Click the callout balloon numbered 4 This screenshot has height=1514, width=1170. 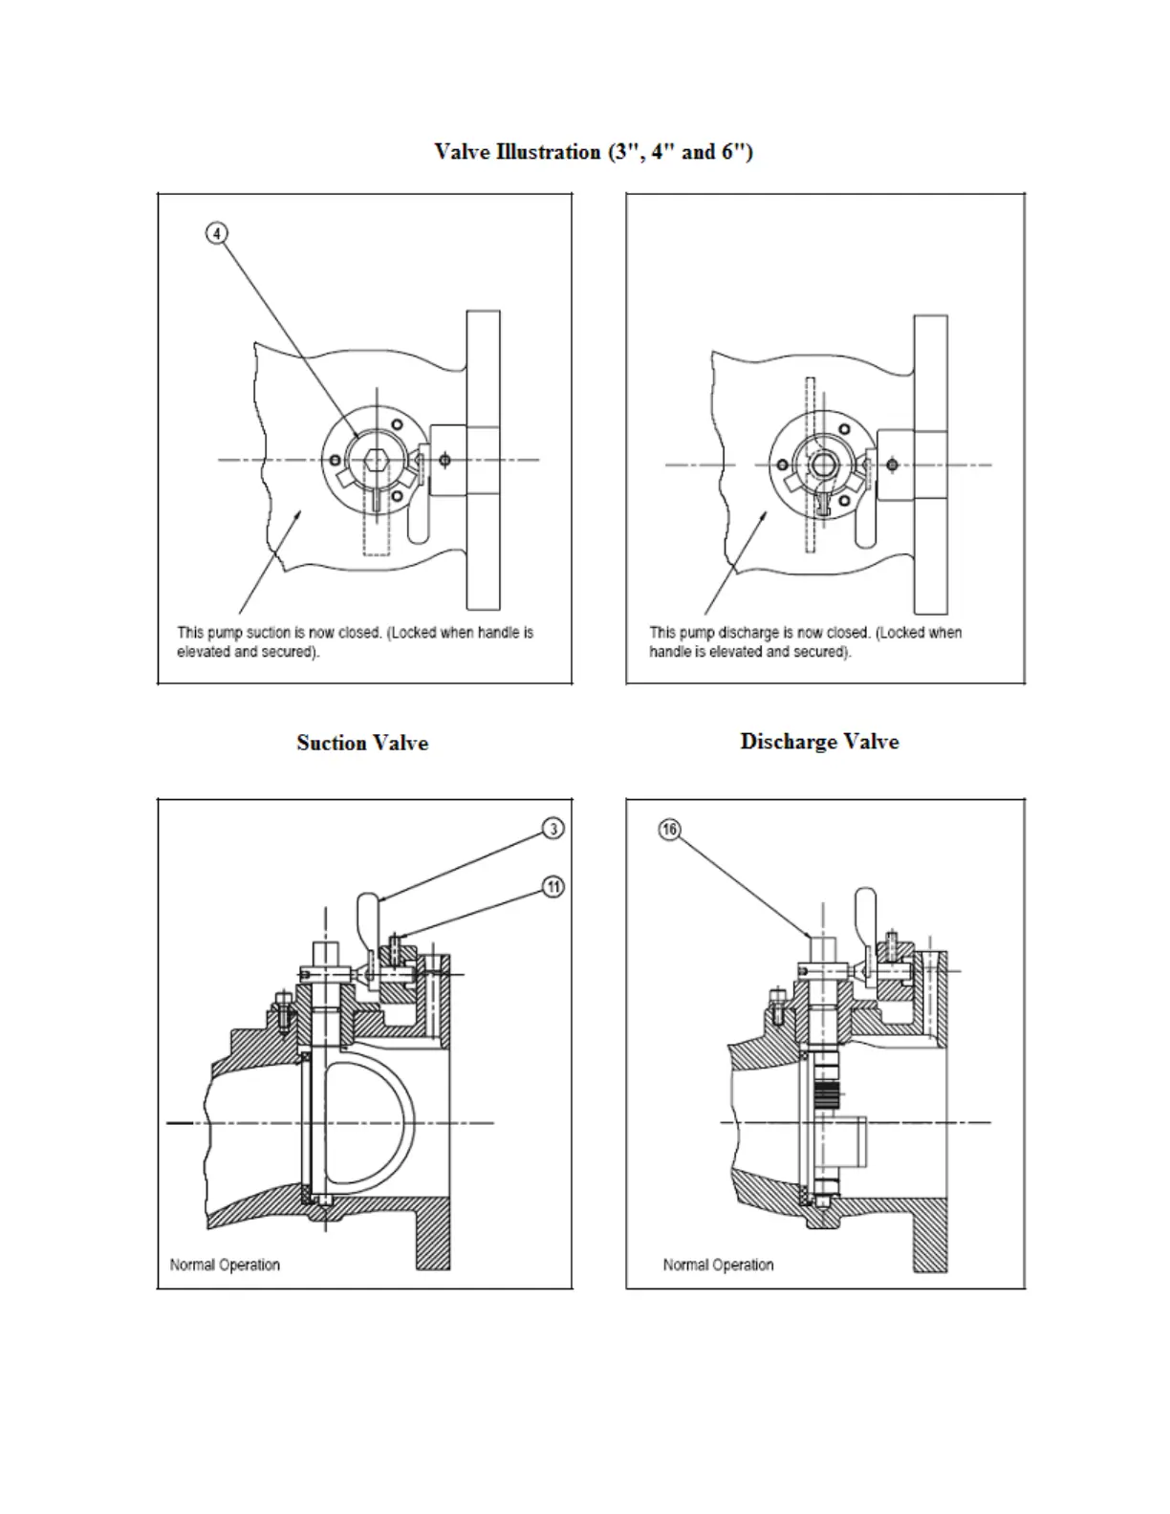218,232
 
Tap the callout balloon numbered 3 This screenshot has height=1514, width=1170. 553,829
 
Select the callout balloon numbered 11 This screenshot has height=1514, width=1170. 553,888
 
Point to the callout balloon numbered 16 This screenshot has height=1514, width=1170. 669,830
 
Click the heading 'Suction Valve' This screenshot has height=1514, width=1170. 362,743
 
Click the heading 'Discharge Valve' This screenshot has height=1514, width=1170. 819,742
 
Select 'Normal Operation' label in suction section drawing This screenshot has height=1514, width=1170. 225,1265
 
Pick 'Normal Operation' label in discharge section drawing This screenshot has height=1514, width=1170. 718,1265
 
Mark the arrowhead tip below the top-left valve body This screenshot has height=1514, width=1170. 301,512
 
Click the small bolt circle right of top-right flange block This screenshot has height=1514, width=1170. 892,465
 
